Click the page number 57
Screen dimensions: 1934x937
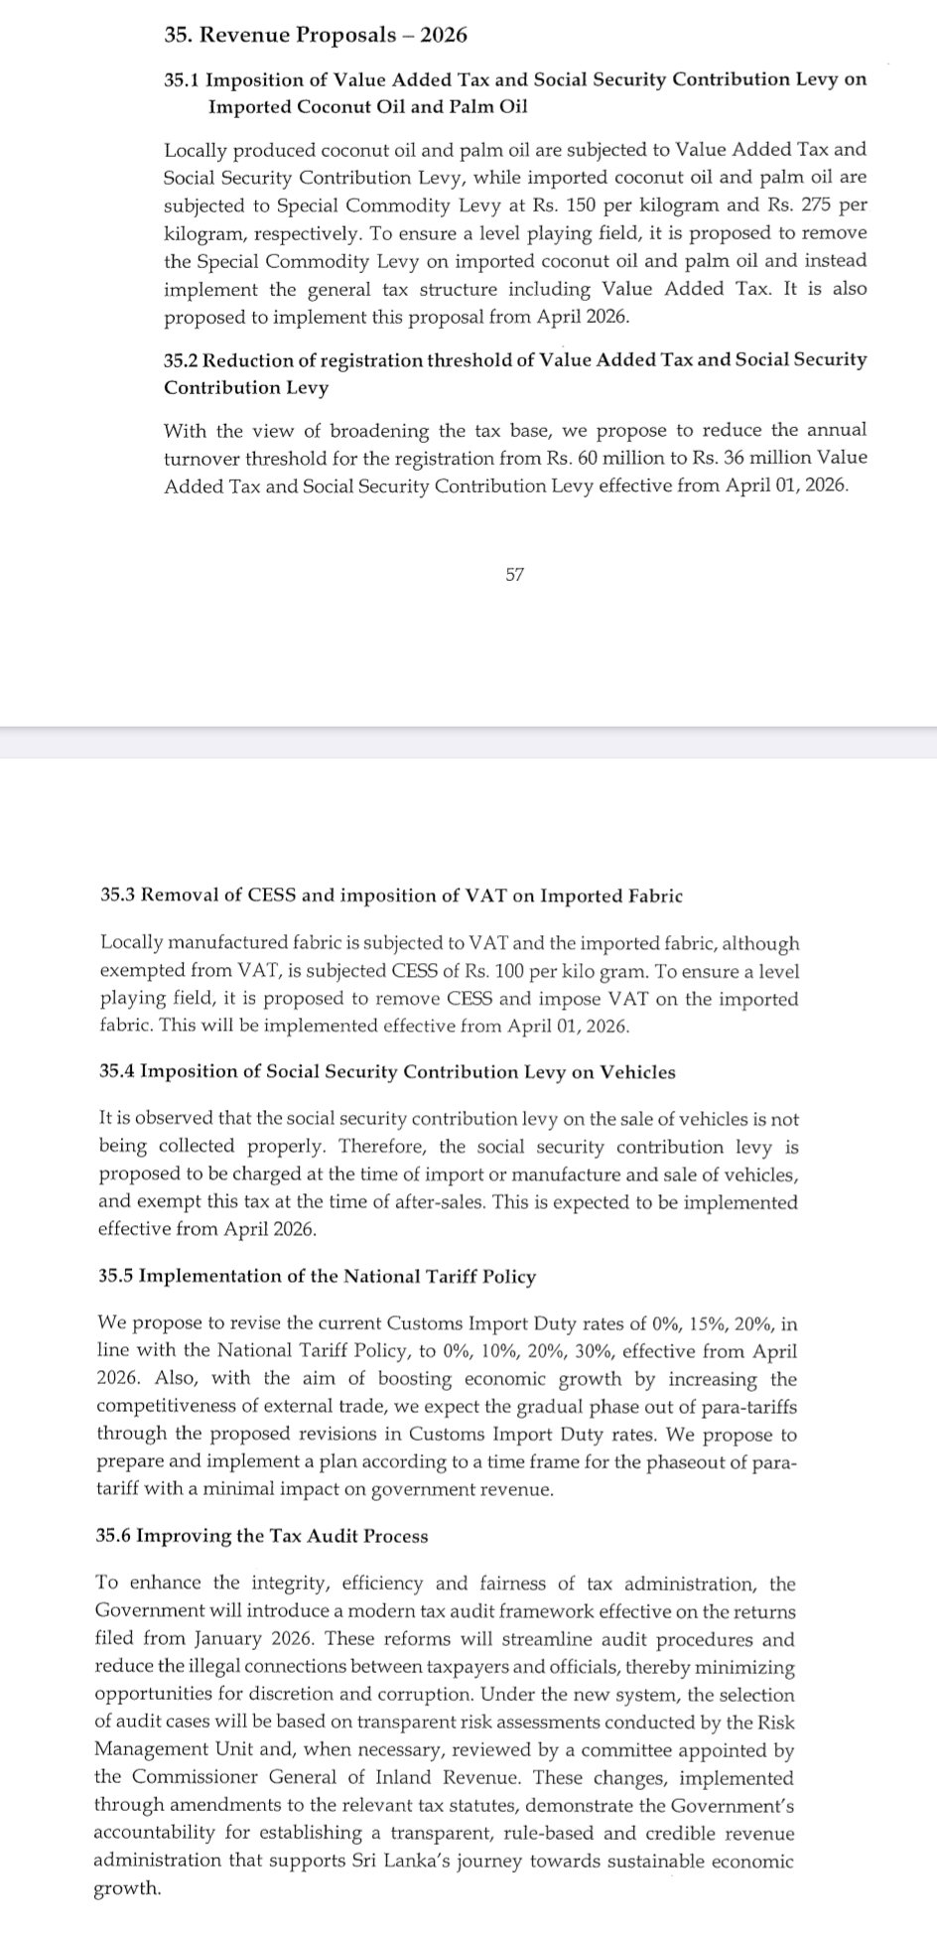(514, 574)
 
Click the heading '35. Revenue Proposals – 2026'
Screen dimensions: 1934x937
(316, 35)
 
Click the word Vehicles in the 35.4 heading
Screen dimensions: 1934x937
(637, 1071)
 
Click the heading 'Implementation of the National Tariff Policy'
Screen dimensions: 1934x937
(336, 1276)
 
